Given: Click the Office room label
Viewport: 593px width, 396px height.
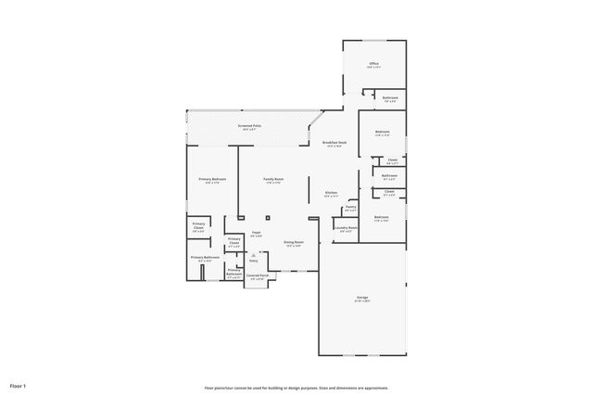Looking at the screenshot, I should (373, 64).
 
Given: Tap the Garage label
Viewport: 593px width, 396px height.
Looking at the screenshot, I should (361, 298).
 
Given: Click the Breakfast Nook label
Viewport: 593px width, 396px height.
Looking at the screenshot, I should (333, 142).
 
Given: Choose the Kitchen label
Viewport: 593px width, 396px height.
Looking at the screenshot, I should (331, 194).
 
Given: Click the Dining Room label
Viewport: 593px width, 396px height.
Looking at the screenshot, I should (294, 243).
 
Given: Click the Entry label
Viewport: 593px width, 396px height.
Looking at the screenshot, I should (253, 262).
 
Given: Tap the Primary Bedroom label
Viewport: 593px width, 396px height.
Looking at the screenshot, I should (211, 178).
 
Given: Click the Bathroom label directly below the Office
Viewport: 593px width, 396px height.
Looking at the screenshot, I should (390, 97).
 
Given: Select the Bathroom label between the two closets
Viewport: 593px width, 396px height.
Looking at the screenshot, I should (389, 175).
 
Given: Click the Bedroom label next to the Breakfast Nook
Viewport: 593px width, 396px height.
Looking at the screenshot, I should (382, 132).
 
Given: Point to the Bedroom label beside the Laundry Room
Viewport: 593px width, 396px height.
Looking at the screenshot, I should (381, 218).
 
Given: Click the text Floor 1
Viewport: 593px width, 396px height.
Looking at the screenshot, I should (18, 385).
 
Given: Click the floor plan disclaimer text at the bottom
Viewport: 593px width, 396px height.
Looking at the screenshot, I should (296, 388).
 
